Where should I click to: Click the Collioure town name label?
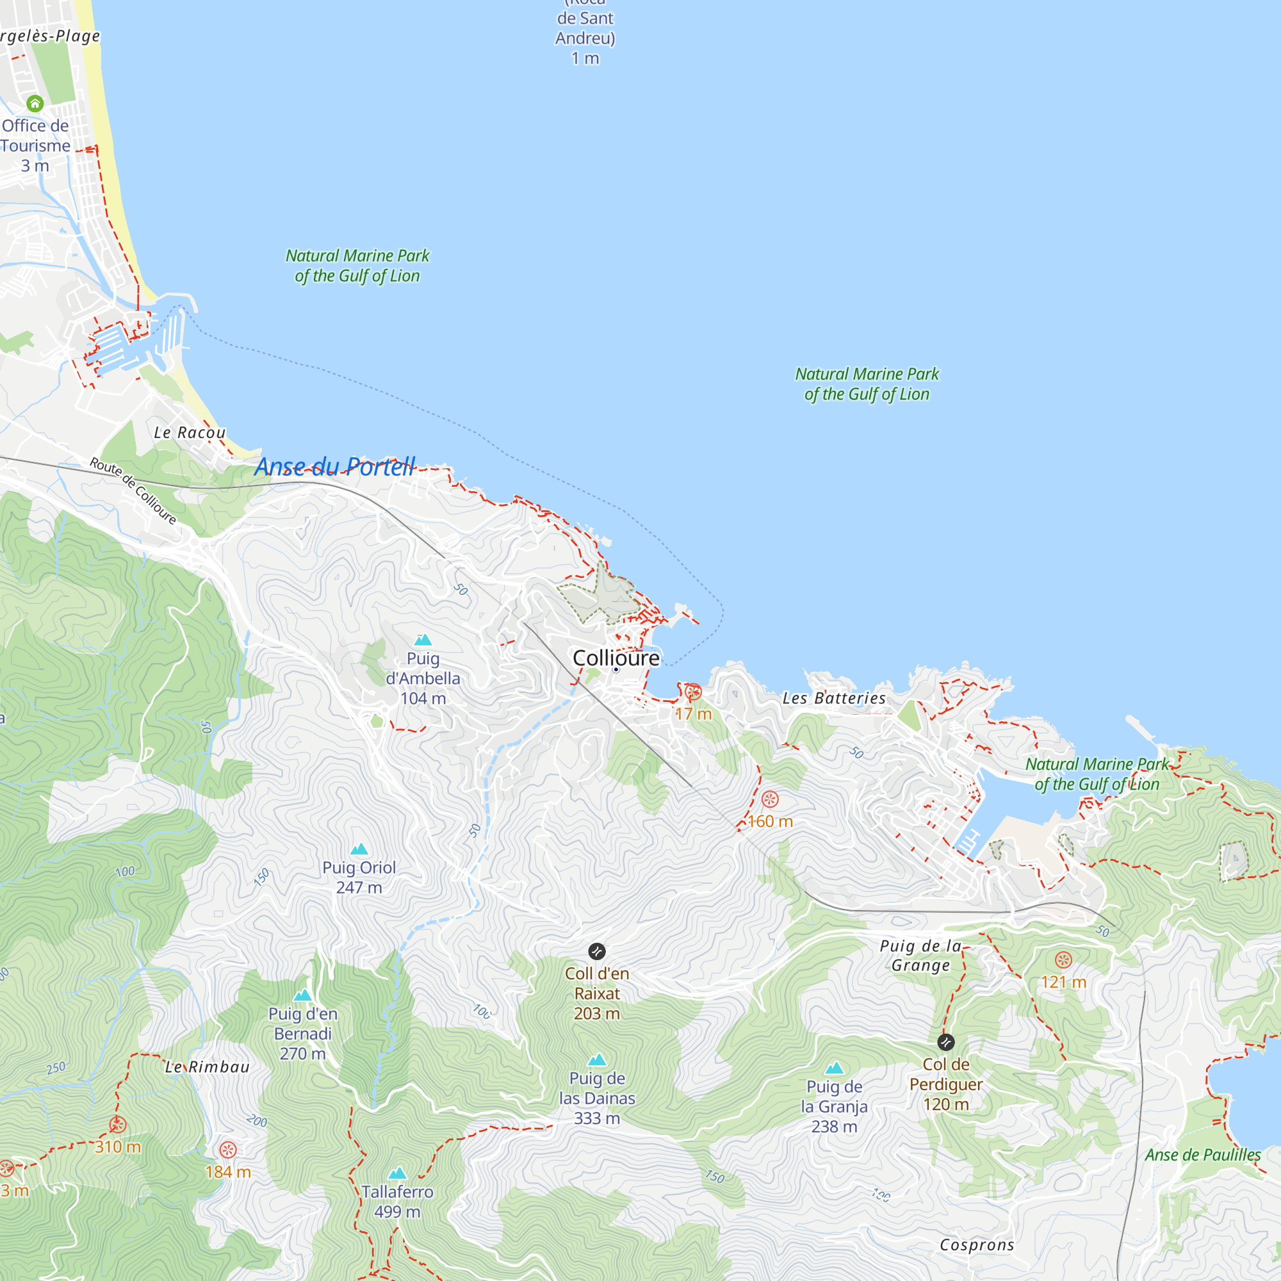click(x=616, y=658)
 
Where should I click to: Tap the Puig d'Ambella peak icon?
click(x=423, y=640)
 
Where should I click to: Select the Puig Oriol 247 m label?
click(x=359, y=877)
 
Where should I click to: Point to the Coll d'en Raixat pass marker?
click(x=597, y=952)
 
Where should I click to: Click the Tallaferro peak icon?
click(x=397, y=1174)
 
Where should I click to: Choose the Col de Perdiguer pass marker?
click(x=946, y=1042)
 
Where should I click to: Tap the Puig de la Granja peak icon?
click(x=834, y=1068)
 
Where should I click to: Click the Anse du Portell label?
click(x=336, y=467)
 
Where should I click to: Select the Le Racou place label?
click(x=190, y=433)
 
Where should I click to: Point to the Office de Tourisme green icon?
click(x=35, y=103)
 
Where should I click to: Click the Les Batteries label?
click(x=834, y=698)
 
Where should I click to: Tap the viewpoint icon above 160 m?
click(x=770, y=799)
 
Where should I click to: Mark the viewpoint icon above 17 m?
click(x=693, y=692)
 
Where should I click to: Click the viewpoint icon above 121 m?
click(x=1063, y=960)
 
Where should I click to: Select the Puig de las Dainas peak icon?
click(x=598, y=1059)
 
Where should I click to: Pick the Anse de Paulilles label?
click(x=1203, y=1155)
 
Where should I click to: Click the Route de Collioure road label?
click(x=133, y=491)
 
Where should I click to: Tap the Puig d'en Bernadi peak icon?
click(x=303, y=995)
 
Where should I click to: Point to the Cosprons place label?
click(x=977, y=1245)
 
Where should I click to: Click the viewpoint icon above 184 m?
click(x=228, y=1150)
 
